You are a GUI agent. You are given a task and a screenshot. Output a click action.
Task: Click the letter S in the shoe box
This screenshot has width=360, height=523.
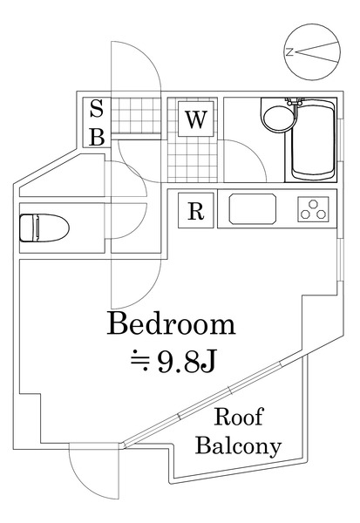[97, 110]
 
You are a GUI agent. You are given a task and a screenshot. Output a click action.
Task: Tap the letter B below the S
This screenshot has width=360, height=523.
[97, 136]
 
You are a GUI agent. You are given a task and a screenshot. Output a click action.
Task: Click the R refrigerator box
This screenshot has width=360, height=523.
[196, 209]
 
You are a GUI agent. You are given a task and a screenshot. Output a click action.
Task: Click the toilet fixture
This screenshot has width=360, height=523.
[41, 228]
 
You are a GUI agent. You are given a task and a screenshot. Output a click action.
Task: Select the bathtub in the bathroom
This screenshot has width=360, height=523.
[311, 141]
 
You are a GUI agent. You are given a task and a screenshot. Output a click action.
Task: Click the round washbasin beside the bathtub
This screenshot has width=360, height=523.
[275, 119]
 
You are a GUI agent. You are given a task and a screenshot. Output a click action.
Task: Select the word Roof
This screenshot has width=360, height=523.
[239, 417]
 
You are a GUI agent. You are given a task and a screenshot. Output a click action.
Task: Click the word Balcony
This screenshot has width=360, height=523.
[238, 447]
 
